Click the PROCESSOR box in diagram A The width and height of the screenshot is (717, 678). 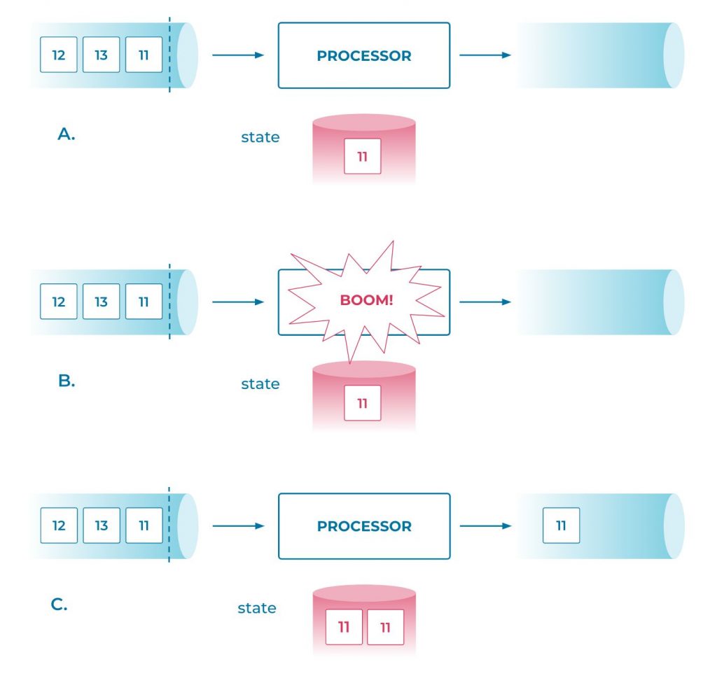(x=363, y=56)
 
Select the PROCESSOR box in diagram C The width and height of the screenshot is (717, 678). (x=363, y=526)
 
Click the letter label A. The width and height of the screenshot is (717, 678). (x=66, y=134)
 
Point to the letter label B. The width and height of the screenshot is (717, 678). (x=66, y=381)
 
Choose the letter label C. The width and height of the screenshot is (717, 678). (x=59, y=605)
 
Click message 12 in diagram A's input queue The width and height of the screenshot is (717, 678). (x=59, y=55)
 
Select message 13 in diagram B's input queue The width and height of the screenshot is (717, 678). (x=102, y=302)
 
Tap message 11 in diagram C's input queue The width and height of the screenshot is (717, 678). (x=144, y=525)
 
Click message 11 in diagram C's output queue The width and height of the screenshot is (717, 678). (x=561, y=525)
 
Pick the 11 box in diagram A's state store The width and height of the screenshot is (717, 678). (x=363, y=156)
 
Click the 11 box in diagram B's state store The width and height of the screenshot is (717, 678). (x=363, y=403)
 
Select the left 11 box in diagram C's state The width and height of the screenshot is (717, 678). (x=344, y=627)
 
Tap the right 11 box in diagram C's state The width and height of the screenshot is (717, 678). (x=385, y=627)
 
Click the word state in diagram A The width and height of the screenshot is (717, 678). (x=260, y=137)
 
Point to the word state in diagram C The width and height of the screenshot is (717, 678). (x=257, y=608)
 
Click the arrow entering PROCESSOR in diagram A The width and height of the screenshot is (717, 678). (x=238, y=55)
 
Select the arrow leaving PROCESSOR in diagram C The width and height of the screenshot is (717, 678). (x=485, y=525)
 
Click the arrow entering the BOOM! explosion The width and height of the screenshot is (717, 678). (x=238, y=302)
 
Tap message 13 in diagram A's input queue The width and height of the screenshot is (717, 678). (x=102, y=55)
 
